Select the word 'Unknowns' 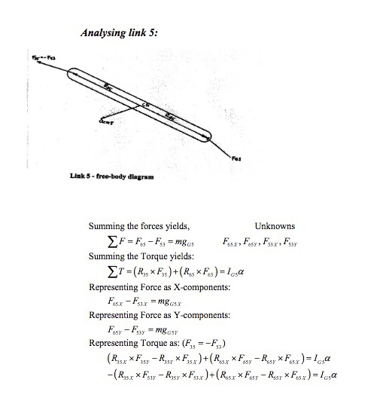[x=275, y=226]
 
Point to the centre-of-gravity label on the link [x=147, y=102]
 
